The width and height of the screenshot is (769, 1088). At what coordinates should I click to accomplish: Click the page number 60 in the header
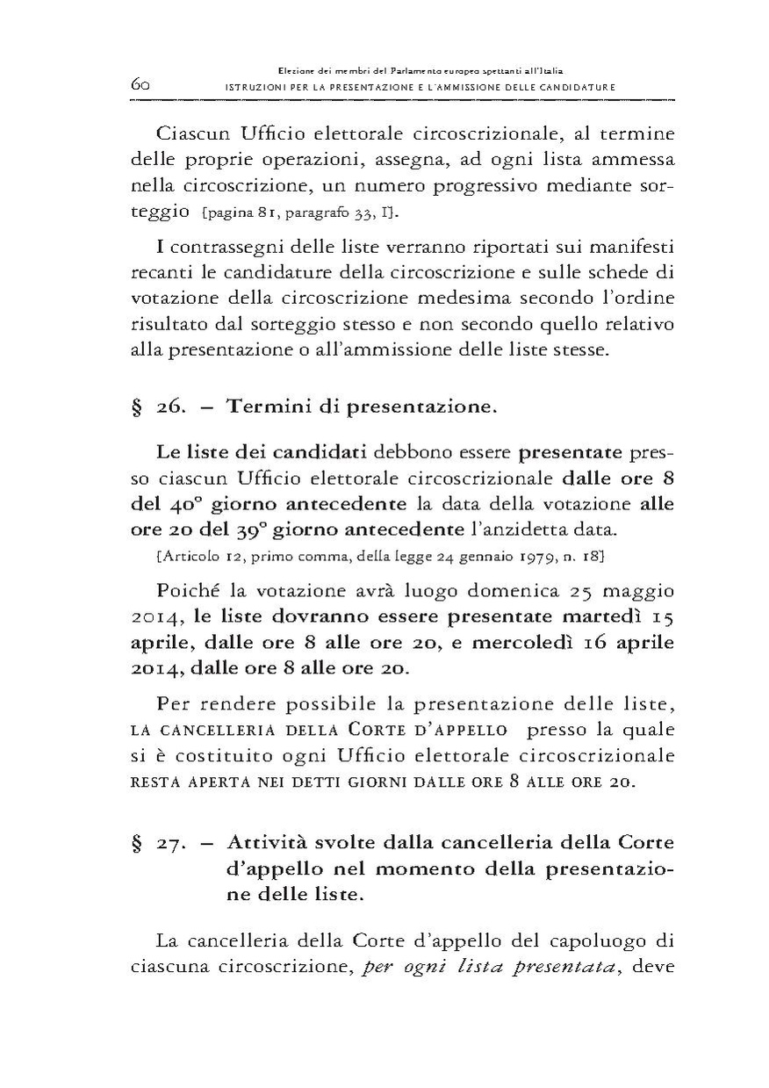141,84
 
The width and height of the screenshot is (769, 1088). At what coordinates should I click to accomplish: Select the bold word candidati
320,453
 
